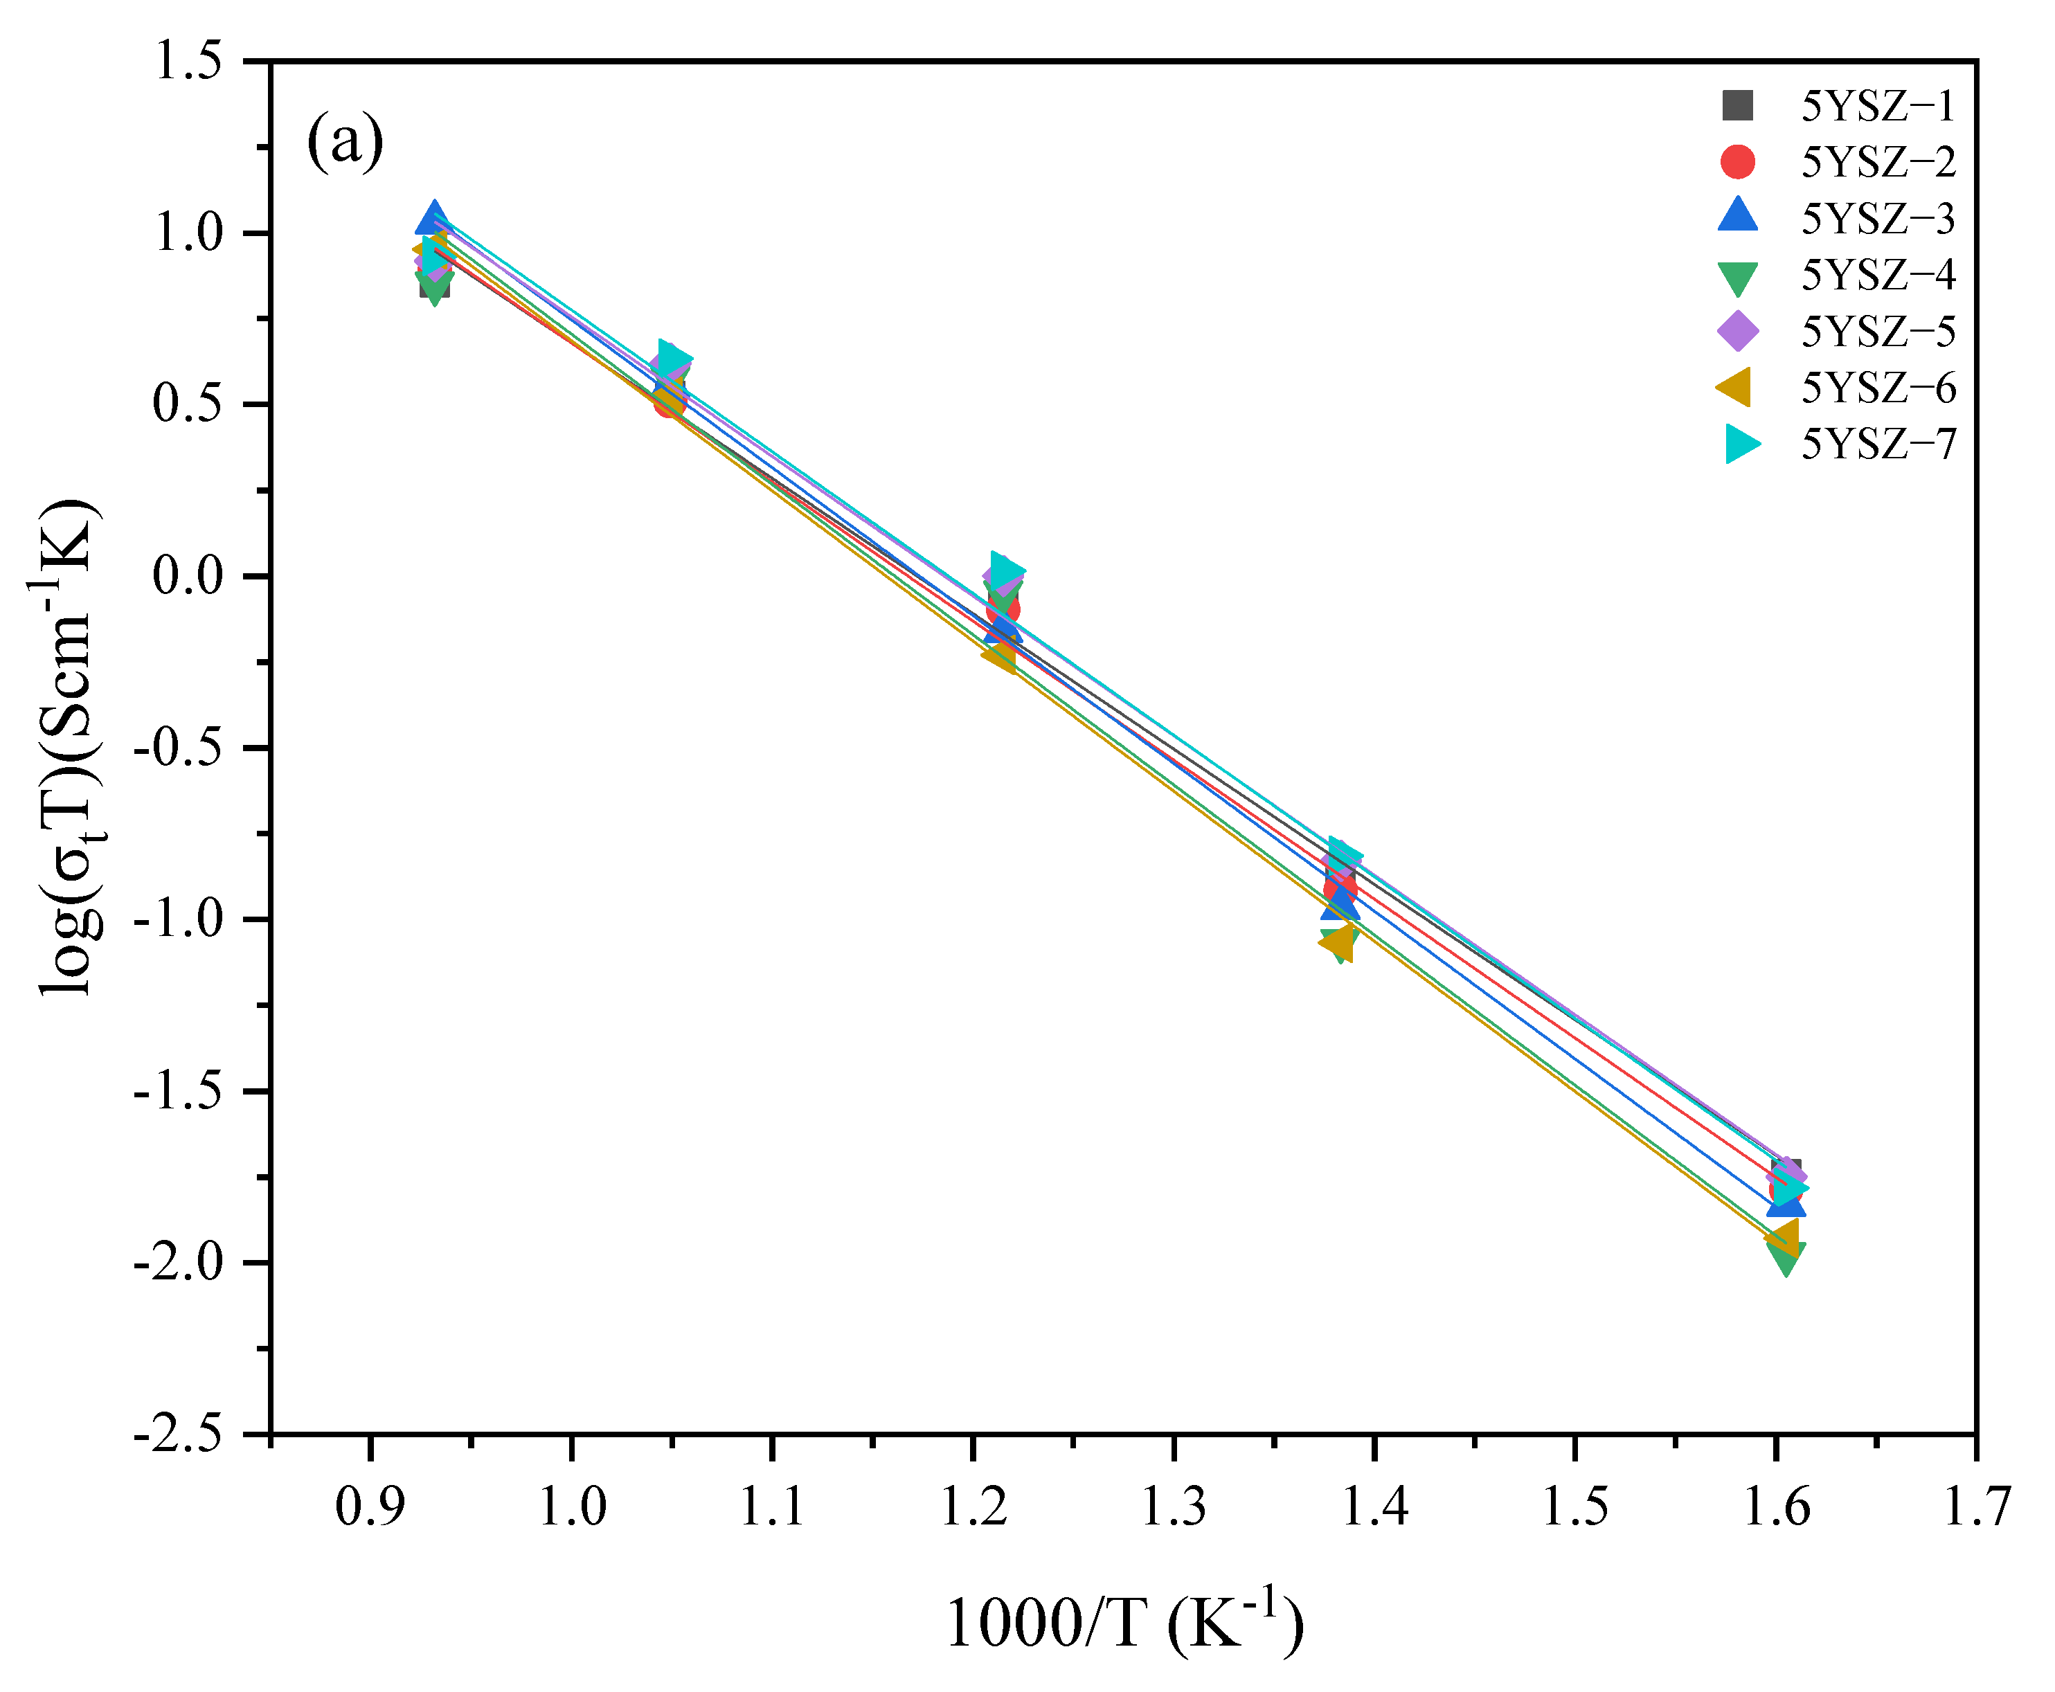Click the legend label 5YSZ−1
click(1876, 105)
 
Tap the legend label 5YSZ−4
click(1876, 275)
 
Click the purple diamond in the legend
click(1737, 332)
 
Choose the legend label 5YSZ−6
click(1876, 388)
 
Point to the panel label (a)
click(345, 143)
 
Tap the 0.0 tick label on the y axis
click(187, 576)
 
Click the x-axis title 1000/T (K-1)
click(1124, 1623)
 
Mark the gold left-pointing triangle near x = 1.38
click(1338, 942)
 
